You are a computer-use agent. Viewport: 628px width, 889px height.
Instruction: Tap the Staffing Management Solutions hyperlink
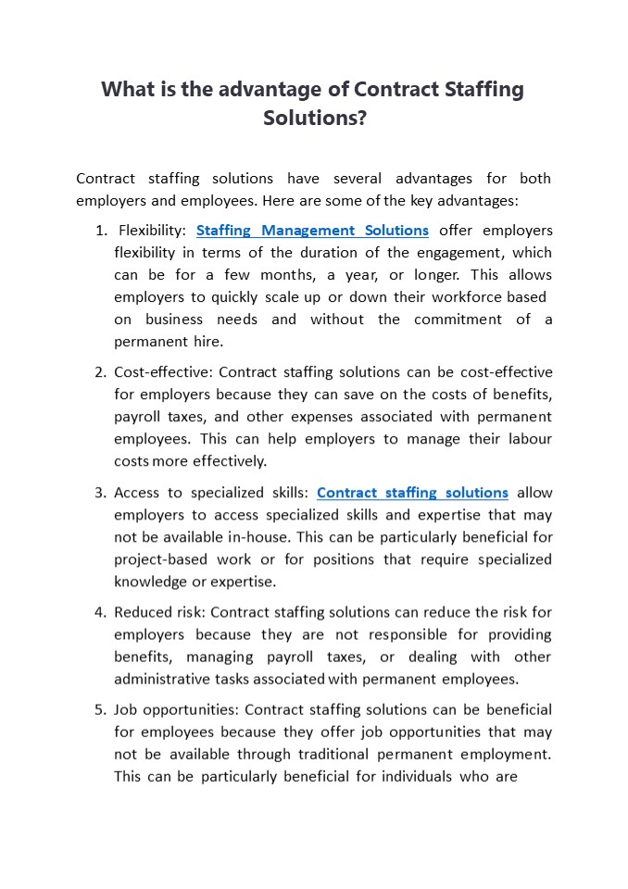point(312,231)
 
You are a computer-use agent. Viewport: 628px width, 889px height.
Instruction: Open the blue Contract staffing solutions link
point(412,493)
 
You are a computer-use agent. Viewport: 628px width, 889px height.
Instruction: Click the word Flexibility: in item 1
point(150,231)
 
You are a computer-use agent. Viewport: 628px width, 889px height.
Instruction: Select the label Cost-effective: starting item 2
point(163,372)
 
